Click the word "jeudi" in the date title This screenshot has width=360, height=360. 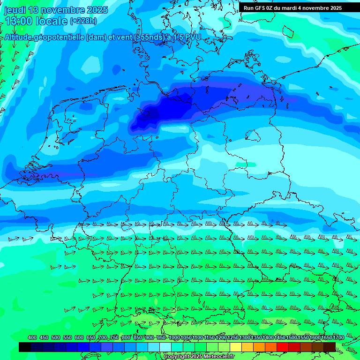(15, 10)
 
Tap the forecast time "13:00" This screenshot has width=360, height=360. (18, 21)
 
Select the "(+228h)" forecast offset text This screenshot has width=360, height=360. (83, 21)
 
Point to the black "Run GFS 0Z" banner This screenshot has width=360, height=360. (292, 7)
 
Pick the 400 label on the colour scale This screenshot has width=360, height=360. (32, 337)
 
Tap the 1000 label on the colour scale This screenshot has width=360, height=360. (174, 337)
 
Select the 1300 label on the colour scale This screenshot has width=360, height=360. (244, 337)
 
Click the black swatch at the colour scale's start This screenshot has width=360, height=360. (25, 347)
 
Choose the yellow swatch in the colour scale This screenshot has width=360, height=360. (236, 347)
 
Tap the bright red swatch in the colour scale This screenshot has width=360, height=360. (283, 347)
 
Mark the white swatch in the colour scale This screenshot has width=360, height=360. (165, 347)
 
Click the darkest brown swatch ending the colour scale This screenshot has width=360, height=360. (330, 347)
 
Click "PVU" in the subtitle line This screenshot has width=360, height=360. (193, 37)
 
